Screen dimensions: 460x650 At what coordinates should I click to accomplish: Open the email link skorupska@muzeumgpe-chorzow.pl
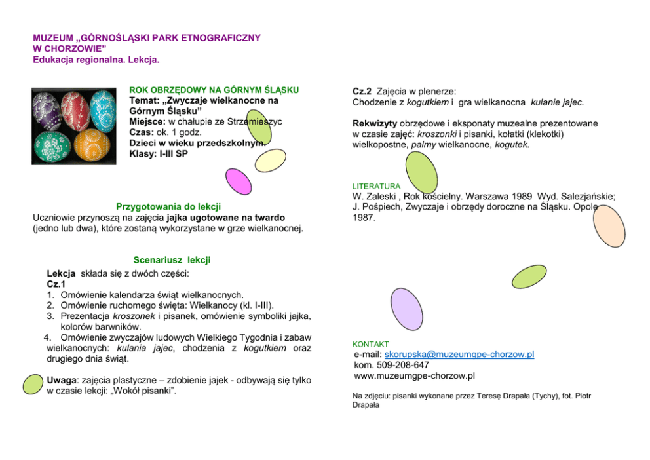point(459,355)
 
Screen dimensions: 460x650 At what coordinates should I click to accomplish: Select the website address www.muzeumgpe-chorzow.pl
point(414,375)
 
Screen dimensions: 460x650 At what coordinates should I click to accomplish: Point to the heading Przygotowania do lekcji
point(168,206)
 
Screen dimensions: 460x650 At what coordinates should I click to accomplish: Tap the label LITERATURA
point(376,186)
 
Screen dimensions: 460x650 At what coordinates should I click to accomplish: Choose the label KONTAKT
point(370,344)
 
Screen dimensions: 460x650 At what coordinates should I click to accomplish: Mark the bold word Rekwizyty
point(375,123)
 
